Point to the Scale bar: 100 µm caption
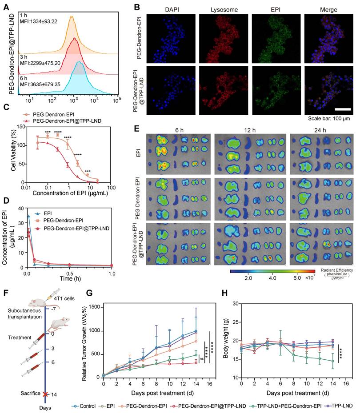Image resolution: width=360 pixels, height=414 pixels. [x=330, y=119]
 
